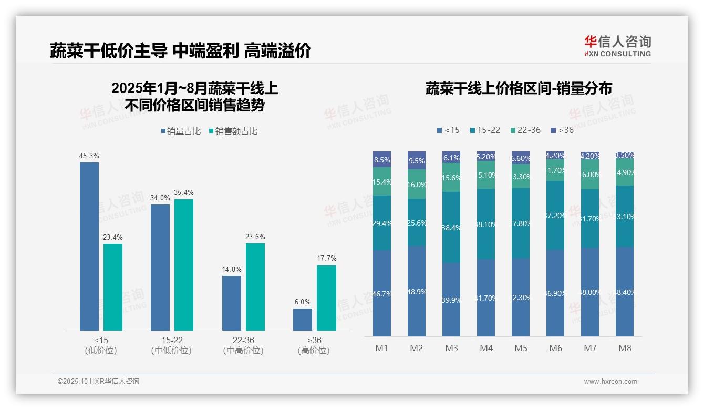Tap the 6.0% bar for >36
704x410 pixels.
303,320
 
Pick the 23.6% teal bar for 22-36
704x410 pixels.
255,286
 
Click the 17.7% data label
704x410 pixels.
327,258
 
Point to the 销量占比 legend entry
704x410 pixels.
181,131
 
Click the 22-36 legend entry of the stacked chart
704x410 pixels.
525,130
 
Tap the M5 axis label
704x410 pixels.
521,348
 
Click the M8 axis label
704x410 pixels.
625,348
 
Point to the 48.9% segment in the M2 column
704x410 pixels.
417,291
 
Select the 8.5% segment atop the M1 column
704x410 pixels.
382,160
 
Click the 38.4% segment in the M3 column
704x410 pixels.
451,227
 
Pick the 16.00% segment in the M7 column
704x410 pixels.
590,175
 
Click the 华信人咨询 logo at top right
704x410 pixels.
617,46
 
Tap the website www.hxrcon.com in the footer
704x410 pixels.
610,382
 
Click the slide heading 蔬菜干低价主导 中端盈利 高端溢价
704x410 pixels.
181,50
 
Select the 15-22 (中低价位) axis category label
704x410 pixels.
171,345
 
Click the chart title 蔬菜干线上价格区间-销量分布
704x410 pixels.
519,88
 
